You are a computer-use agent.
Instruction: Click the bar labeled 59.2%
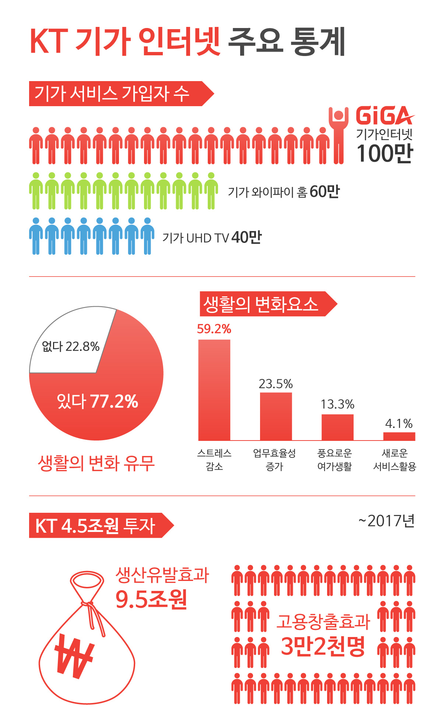point(214,390)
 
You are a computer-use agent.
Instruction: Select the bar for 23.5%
point(276,416)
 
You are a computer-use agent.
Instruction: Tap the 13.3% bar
point(337,427)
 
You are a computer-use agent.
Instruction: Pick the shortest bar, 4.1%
point(399,436)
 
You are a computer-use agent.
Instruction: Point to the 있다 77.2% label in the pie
point(98,401)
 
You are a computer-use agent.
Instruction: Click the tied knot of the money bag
point(88,605)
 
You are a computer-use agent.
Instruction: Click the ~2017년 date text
point(386,521)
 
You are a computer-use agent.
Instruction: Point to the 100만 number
point(385,153)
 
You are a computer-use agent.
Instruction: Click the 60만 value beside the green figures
point(324,192)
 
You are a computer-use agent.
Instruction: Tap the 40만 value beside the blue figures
point(246,237)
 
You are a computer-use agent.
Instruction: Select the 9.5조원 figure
point(151,599)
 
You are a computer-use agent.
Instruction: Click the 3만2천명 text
point(323,646)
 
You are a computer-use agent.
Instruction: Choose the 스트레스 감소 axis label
point(214,460)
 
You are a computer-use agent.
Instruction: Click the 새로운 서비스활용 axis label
point(394,460)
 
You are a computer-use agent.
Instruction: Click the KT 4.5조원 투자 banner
point(96,526)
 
